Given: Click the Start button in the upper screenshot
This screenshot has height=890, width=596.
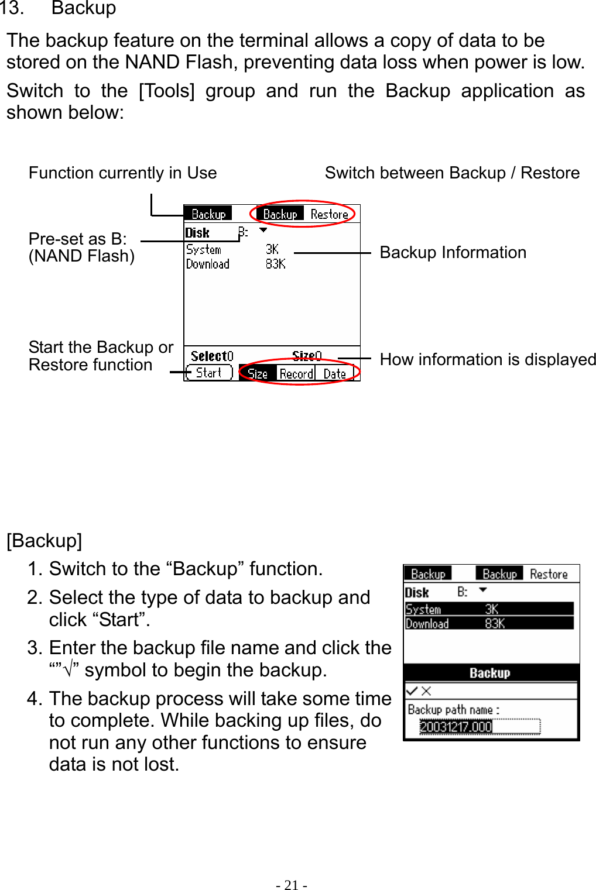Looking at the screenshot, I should tap(209, 373).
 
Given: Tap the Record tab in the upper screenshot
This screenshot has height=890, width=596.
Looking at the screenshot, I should tap(296, 373).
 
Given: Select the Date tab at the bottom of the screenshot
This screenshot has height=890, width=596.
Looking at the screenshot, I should tap(335, 373).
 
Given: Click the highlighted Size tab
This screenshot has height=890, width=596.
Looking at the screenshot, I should tap(258, 373).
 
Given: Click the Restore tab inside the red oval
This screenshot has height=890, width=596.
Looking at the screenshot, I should tap(330, 214).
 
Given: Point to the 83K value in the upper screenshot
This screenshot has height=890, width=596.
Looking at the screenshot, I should tap(275, 264).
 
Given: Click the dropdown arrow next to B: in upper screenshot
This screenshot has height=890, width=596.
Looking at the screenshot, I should tap(263, 231).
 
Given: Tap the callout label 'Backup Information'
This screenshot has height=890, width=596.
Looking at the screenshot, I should tap(453, 252).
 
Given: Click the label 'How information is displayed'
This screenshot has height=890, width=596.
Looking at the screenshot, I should tap(488, 359).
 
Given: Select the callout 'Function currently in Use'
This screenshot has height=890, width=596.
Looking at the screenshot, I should tap(122, 173).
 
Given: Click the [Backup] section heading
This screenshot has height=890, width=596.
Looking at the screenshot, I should tap(44, 540).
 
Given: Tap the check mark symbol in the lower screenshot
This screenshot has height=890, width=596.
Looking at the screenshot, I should tap(412, 690).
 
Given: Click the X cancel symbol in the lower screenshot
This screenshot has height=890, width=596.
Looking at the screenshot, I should tap(426, 690).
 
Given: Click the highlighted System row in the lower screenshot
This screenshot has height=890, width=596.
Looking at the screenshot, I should tap(489, 609).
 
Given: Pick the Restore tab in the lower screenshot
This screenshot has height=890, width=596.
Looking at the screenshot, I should tap(549, 574).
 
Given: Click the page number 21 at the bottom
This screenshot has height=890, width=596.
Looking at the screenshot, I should tap(292, 885).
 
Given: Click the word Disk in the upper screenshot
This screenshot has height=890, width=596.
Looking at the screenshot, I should tap(197, 233).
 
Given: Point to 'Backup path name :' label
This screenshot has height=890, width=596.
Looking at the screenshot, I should tap(453, 709).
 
